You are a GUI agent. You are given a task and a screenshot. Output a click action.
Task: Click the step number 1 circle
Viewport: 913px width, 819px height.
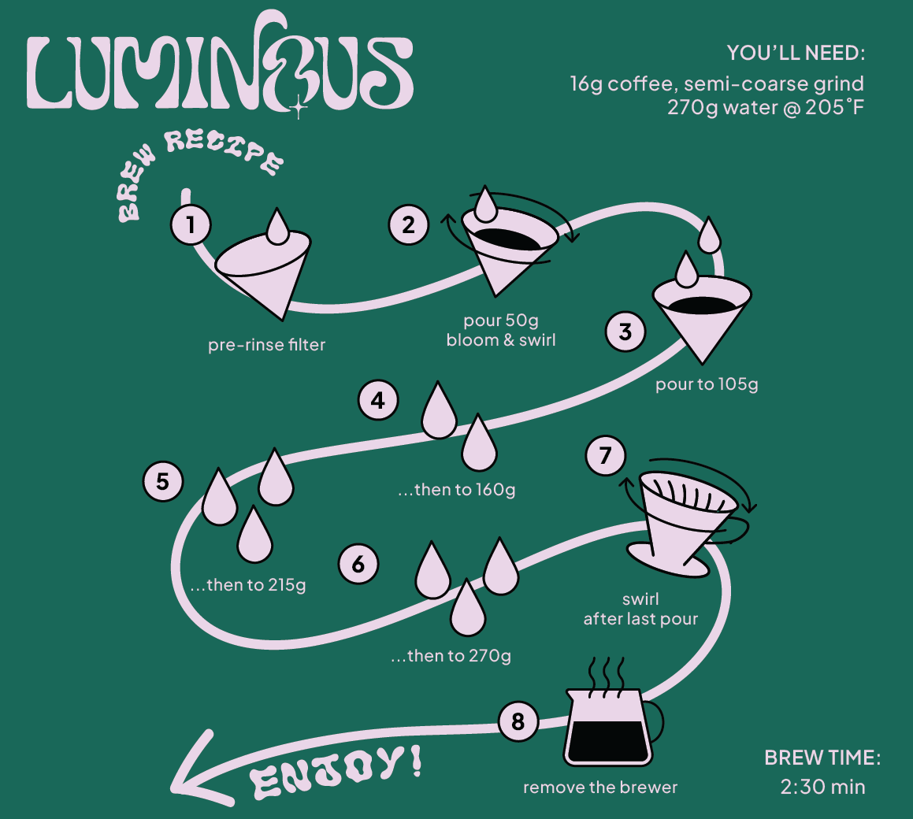click(191, 226)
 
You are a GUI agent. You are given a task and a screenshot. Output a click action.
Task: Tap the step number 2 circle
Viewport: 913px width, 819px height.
click(408, 226)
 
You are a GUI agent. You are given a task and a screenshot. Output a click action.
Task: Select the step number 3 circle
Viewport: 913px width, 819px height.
click(625, 332)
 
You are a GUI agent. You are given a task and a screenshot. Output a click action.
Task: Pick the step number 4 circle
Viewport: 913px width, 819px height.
click(378, 401)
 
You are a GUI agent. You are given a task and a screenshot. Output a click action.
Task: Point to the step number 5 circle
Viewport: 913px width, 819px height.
click(162, 481)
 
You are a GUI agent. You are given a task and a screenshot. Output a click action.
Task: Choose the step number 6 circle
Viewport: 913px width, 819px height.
click(358, 564)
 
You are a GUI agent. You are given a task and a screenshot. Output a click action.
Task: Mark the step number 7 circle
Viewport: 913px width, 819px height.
click(606, 456)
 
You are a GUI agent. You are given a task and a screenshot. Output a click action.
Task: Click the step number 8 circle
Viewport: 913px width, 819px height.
click(518, 721)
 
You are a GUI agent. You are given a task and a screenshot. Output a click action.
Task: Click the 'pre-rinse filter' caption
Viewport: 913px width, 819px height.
click(266, 345)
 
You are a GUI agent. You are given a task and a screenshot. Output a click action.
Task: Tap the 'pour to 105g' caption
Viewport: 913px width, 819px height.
click(706, 384)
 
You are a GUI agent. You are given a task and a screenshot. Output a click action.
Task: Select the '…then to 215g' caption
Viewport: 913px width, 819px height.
click(247, 585)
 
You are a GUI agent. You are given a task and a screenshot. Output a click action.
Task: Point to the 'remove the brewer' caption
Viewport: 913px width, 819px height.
click(600, 787)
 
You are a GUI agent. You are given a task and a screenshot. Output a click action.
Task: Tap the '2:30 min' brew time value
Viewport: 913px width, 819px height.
click(822, 787)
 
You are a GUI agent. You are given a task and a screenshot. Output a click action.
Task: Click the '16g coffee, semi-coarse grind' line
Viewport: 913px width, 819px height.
click(717, 83)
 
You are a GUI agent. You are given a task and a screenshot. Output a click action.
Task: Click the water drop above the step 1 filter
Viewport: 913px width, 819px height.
click(277, 226)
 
